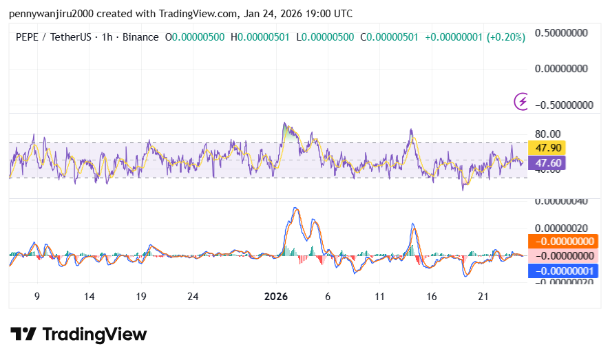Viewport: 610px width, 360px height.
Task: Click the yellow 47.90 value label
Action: (x=546, y=147)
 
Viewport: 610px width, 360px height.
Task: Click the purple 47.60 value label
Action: (x=546, y=163)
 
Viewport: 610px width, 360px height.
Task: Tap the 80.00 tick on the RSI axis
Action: (x=548, y=134)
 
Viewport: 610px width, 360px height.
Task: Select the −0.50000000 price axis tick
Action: (x=561, y=105)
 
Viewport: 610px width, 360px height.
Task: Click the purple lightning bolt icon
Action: (x=522, y=102)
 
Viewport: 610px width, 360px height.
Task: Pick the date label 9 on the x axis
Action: (x=37, y=297)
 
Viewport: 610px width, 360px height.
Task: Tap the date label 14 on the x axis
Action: (x=89, y=297)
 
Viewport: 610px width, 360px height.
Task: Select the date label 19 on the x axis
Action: (x=140, y=297)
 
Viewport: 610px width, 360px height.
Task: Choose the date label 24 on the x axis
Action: (x=193, y=297)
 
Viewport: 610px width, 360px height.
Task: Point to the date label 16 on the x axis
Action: (x=432, y=297)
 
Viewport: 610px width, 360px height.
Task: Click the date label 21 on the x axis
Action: (x=483, y=297)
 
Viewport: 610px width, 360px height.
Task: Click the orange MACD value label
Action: (x=562, y=241)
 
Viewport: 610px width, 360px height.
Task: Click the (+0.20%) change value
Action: (x=506, y=37)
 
